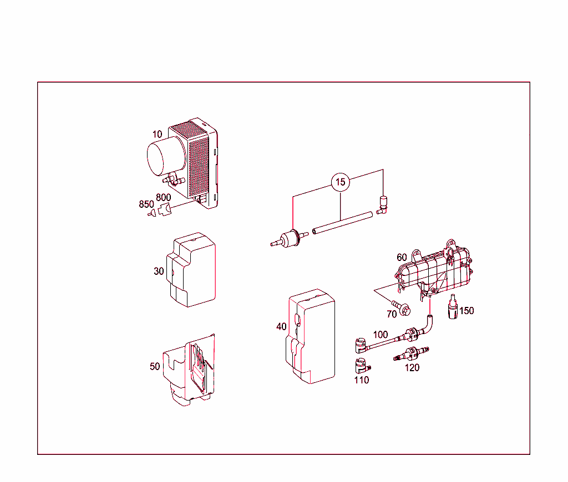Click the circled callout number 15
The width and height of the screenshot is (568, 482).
coord(341,182)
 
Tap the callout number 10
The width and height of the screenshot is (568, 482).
coord(158,134)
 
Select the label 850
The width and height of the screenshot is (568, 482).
coord(146,204)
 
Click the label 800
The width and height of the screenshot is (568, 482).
coord(163,198)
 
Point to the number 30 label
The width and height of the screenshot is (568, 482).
coord(159,271)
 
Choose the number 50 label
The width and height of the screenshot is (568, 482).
coord(155,366)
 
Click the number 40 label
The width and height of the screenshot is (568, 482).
coord(282,326)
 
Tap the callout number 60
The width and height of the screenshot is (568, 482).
coord(402,258)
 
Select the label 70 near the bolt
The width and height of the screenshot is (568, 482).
coord(392,314)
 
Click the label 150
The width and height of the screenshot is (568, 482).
coord(466,311)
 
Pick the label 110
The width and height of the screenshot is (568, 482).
coord(361,380)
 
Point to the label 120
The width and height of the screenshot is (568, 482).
coord(412,367)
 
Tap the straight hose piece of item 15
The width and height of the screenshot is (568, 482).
coord(341,224)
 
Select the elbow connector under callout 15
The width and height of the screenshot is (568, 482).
coord(383,204)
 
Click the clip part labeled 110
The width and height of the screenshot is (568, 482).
coord(361,366)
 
